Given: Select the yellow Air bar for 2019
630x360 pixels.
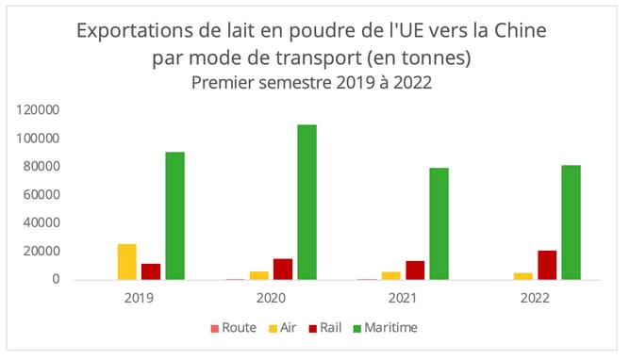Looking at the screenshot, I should [x=127, y=261].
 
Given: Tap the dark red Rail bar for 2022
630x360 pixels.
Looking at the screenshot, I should [x=547, y=265].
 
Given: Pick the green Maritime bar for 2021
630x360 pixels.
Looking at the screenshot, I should [x=439, y=223].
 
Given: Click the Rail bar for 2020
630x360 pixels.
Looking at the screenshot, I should [x=283, y=269].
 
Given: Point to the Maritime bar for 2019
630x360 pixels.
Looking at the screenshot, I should [x=174, y=215].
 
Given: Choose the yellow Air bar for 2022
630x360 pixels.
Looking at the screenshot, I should [x=523, y=275].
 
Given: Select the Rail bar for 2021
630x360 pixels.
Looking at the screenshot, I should [x=415, y=270].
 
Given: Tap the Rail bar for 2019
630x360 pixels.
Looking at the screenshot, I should [x=151, y=270].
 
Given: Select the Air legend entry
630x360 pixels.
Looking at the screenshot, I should [x=287, y=328].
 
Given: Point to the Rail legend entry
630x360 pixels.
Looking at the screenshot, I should [x=331, y=328].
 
